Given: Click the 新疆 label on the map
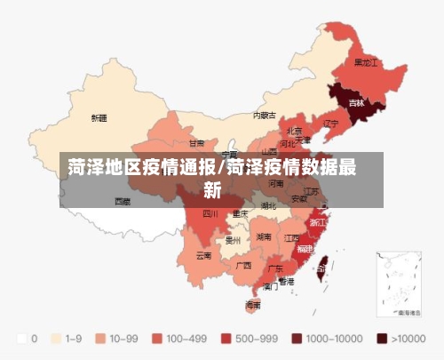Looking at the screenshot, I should point(99,117).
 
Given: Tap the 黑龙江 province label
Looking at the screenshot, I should point(366,63).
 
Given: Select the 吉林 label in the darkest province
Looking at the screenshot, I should point(356,103).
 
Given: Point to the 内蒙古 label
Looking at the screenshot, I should point(264,115).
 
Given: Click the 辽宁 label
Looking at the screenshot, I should point(331,123).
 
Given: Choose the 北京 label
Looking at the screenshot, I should point(294,130).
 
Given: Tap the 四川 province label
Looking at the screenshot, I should point(210,213).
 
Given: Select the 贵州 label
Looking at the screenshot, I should point(234,240).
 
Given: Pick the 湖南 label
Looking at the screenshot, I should point(264,237).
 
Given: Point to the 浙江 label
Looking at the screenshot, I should point(317,221).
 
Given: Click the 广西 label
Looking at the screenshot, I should point(243,265).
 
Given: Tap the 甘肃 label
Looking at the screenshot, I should point(196,142).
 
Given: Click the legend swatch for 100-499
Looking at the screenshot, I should point(162,339).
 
